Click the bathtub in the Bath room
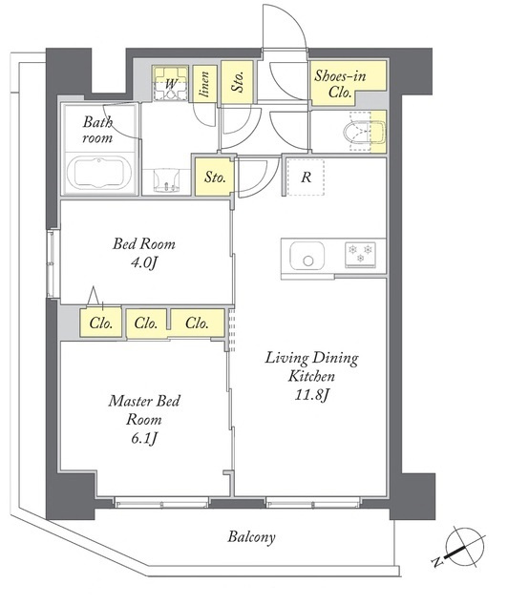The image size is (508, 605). [98, 174]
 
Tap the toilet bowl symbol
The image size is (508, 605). [364, 132]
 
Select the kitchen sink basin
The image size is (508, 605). [307, 256]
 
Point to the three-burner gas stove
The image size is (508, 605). [360, 255]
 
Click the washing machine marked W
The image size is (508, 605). [170, 84]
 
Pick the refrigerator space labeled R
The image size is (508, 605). [306, 177]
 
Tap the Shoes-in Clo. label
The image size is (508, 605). [339, 83]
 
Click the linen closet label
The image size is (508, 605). [205, 84]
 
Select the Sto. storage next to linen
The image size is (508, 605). [238, 82]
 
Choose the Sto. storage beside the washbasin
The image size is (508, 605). [214, 177]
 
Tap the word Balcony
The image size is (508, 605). [251, 536]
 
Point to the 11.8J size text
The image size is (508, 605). [312, 394]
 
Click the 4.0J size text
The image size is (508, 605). [143, 262]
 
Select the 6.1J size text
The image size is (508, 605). [143, 438]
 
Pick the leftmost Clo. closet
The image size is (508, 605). [101, 323]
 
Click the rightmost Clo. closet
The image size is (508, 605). [198, 323]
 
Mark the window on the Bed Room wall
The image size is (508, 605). [53, 263]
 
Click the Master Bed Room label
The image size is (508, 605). [144, 410]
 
